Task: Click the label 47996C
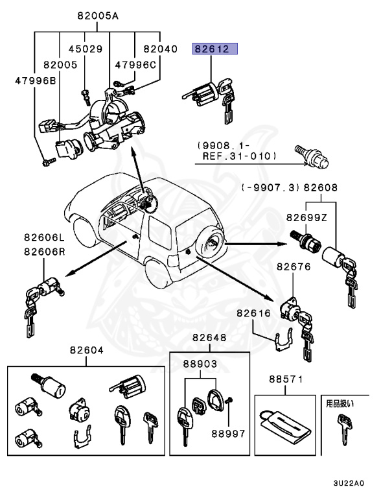[136, 64]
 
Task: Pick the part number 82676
[294, 267]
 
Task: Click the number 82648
[209, 337]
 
